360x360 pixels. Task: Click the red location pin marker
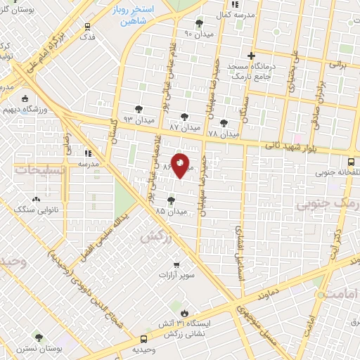point(180,165)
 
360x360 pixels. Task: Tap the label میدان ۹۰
point(198,33)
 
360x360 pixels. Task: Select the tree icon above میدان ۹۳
point(139,109)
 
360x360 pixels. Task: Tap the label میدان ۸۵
point(171,210)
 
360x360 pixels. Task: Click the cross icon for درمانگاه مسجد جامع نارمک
point(251,56)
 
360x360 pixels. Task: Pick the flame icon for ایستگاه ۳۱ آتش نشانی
point(184,313)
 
